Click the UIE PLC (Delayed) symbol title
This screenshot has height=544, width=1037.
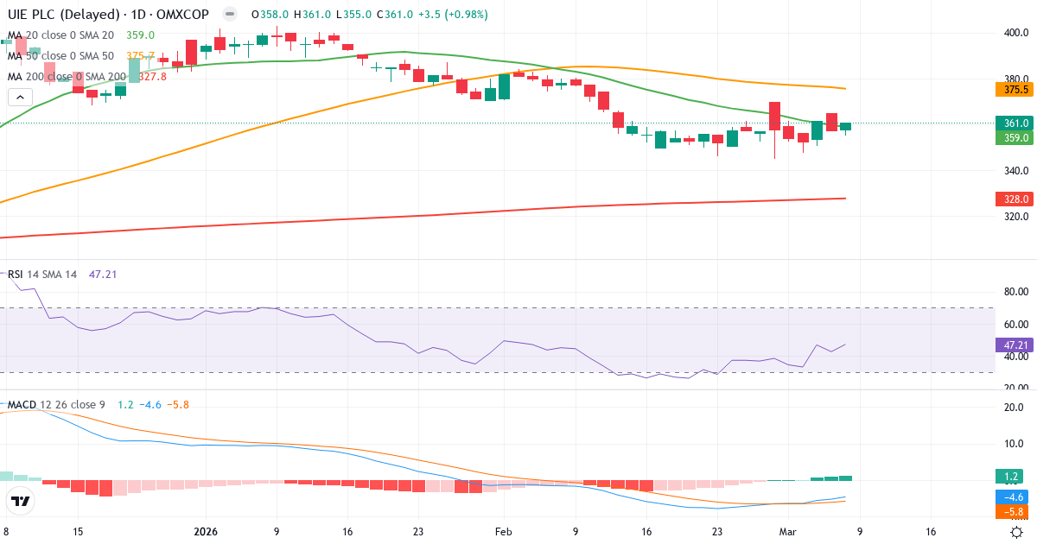point(66,15)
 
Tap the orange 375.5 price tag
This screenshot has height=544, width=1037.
point(1015,89)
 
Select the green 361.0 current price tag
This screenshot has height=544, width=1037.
point(1015,123)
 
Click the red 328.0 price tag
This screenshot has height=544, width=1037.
point(1015,199)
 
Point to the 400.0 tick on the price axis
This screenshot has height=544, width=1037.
point(1015,33)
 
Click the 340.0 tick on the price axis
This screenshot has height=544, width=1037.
point(1015,170)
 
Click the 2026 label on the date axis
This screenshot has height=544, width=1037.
point(206,532)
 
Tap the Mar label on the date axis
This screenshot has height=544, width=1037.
point(787,532)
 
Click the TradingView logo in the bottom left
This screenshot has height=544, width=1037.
point(21,501)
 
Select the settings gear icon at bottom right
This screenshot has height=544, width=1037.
point(1018,532)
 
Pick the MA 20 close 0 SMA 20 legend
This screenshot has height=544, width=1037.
point(60,35)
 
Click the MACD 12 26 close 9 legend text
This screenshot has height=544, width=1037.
point(57,404)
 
